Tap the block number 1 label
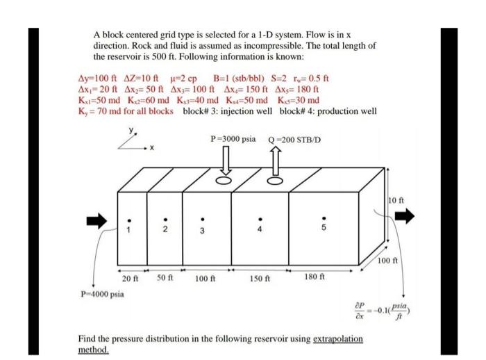point(128,231)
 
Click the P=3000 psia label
point(233,139)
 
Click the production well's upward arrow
point(276,163)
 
